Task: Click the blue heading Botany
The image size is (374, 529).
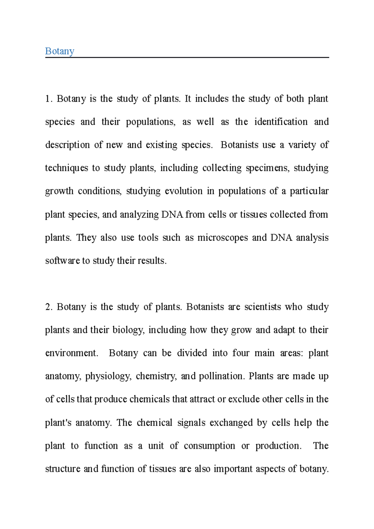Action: tap(60, 51)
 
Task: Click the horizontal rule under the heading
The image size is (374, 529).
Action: tap(187, 58)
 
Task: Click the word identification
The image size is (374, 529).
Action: tap(281, 122)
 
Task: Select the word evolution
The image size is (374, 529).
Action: tap(184, 191)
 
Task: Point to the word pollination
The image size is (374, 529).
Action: tap(221, 376)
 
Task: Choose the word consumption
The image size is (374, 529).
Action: tap(209, 446)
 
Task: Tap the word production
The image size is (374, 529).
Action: tap(278, 446)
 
